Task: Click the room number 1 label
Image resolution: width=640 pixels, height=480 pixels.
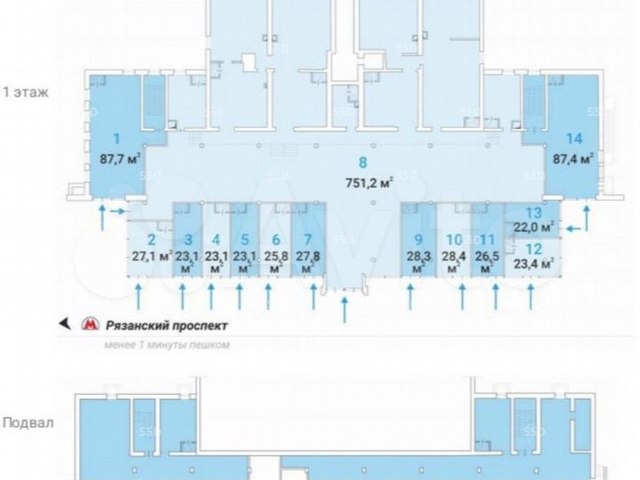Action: coord(116,139)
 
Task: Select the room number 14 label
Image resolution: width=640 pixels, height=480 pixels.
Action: coord(573,139)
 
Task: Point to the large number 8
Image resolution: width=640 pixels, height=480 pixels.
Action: coord(362,163)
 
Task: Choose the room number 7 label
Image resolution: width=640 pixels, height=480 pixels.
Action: coord(308,239)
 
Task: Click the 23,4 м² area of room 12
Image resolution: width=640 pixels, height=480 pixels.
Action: coord(533,263)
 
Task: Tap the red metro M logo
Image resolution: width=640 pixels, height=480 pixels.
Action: coord(90,325)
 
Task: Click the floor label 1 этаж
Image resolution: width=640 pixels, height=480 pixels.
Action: coord(26,92)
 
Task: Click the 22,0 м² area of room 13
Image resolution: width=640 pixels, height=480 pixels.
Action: coord(533,227)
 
